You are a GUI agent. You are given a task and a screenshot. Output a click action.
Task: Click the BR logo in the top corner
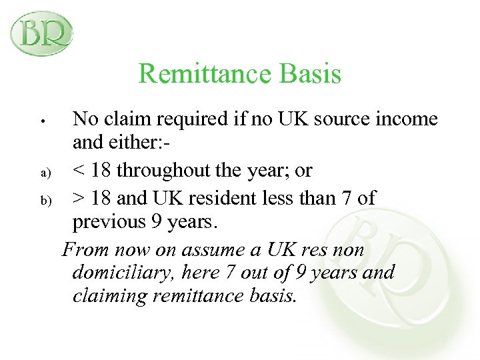[x=41, y=32]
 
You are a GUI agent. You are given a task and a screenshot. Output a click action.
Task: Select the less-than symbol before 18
[x=79, y=171]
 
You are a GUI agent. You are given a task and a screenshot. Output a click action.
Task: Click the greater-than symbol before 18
[x=79, y=197]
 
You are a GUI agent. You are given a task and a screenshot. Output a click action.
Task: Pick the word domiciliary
[x=121, y=273]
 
